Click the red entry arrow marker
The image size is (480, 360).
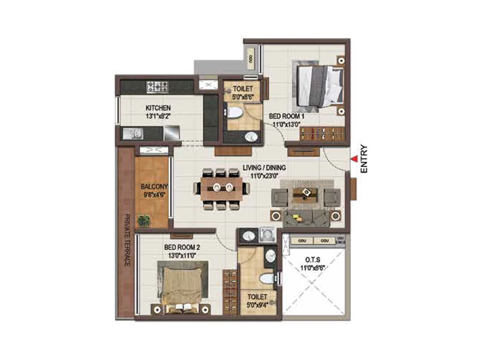355,159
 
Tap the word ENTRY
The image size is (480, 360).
364,159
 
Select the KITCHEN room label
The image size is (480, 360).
158,108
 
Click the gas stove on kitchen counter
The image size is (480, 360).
157,87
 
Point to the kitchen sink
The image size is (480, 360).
132,133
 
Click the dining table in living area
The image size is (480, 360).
221,189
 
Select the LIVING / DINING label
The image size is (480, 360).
264,168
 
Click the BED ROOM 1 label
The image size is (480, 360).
286,116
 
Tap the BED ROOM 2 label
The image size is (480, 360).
182,247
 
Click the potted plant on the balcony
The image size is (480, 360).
143,221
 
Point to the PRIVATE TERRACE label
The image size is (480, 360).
127,240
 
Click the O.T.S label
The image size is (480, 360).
313,260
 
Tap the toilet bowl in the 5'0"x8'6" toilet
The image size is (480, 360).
234,113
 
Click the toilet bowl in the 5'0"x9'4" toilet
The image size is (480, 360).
267,279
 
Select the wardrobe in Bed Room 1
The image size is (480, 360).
322,133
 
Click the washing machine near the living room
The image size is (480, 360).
267,235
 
